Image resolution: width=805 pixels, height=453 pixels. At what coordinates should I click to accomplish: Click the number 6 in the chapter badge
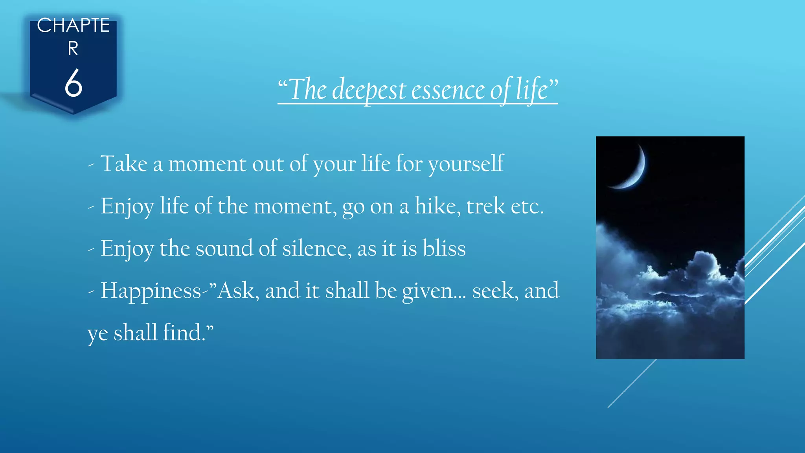coord(74,83)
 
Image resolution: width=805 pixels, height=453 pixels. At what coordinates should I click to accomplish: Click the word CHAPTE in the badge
coord(73,26)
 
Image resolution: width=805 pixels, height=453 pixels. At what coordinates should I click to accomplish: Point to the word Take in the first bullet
coord(124,164)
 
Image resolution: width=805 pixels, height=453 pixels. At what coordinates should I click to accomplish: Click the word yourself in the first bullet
coord(466,164)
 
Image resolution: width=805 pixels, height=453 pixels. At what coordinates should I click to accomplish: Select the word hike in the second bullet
coord(437,206)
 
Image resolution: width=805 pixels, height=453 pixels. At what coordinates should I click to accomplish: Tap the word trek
coord(485,206)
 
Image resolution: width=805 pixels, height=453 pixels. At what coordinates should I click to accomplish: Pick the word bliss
coord(444,248)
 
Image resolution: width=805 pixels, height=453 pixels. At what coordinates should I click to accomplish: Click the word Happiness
coord(151,291)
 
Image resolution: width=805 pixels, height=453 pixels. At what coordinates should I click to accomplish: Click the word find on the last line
coord(183,333)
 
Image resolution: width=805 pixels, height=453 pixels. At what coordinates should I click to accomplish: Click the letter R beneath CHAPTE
coord(73,49)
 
